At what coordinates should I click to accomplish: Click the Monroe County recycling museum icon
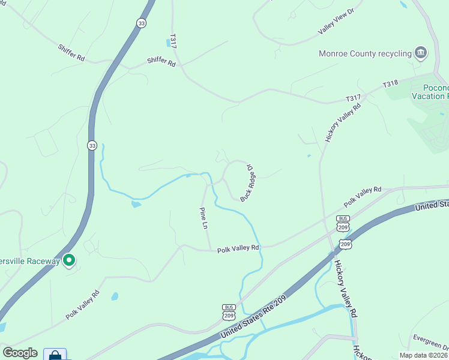tap(421, 53)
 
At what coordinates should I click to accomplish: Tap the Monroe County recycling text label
tap(365, 53)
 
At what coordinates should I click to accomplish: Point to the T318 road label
tap(391, 86)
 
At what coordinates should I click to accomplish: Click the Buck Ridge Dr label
tap(249, 184)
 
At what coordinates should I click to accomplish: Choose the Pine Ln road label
tap(203, 218)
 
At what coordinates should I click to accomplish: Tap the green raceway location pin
tap(69, 260)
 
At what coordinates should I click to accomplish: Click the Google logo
tap(20, 353)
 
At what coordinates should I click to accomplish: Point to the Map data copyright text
tap(424, 355)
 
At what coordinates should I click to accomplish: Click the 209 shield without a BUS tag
tap(345, 244)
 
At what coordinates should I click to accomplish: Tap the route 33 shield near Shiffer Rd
tap(141, 23)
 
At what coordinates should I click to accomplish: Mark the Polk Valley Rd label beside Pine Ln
tap(238, 248)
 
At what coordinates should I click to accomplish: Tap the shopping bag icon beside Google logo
tap(55, 355)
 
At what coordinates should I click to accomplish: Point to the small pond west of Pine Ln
tap(136, 205)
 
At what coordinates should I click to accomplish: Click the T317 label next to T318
tap(353, 98)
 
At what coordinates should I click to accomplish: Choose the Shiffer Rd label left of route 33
tap(71, 52)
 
